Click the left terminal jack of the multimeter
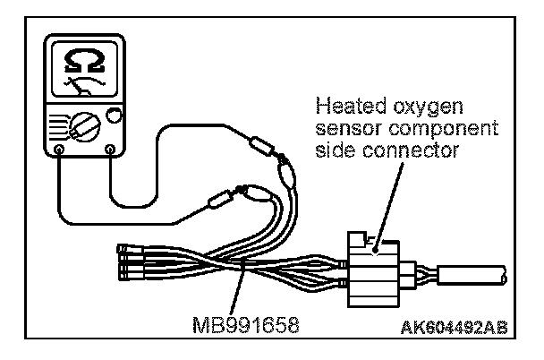(x=58, y=149)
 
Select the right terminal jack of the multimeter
(x=110, y=149)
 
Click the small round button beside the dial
(x=114, y=115)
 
